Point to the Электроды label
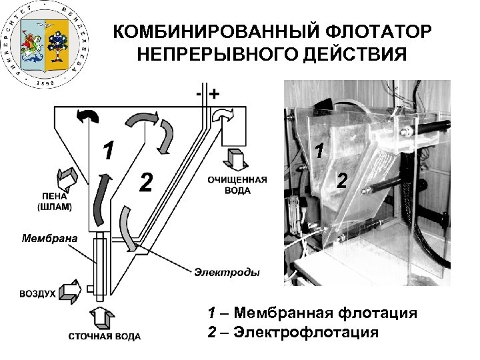[x=227, y=271]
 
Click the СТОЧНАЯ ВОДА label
[x=105, y=337]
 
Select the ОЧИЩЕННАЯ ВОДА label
[x=237, y=185]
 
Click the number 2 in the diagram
[x=146, y=181]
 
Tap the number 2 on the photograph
[x=341, y=180]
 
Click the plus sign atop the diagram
[x=215, y=94]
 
